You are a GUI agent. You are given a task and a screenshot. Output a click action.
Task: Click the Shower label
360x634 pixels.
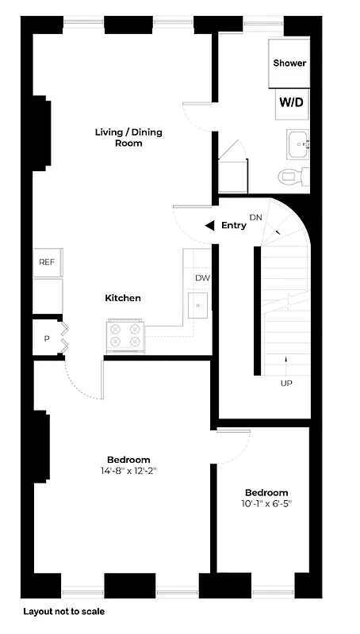click(289, 63)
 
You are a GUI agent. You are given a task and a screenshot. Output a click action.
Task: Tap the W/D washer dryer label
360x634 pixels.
click(289, 102)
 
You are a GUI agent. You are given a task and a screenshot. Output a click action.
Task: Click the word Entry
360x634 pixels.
click(234, 226)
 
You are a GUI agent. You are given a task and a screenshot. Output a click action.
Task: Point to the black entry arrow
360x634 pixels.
click(209, 226)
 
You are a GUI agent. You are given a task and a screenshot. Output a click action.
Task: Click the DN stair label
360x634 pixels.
click(255, 217)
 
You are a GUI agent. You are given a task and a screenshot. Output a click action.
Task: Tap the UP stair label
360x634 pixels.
click(285, 383)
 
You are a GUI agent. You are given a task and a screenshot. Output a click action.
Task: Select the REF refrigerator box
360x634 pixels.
click(47, 262)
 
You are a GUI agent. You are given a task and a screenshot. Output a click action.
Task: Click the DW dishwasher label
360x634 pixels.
click(202, 278)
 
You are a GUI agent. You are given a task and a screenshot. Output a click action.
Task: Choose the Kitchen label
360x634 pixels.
click(123, 298)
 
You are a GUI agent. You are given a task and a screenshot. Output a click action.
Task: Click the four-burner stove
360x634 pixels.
click(125, 335)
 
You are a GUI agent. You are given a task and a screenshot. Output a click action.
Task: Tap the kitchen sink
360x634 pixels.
click(197, 304)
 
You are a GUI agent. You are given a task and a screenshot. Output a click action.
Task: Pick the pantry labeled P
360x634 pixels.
click(47, 339)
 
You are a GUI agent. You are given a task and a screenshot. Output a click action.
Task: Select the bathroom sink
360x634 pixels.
click(300, 143)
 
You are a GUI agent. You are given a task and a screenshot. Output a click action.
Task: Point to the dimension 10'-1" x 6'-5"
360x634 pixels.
click(266, 503)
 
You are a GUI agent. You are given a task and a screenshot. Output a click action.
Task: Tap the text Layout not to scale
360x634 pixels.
click(63, 612)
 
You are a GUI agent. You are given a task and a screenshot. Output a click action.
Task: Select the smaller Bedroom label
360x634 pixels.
click(266, 492)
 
